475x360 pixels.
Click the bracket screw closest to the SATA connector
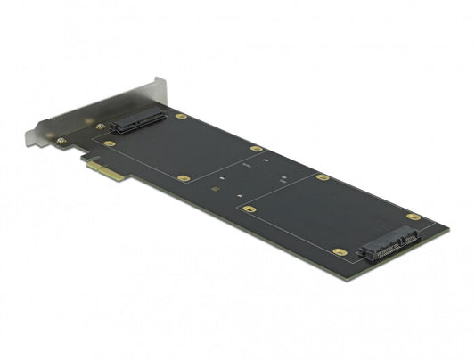click(101, 127)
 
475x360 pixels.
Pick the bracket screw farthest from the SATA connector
click(61, 140)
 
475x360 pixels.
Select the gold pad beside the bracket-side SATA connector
click(181, 116)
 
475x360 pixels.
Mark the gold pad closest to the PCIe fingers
click(110, 143)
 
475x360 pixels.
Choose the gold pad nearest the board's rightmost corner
click(413, 217)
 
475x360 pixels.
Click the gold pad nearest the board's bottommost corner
click(340, 252)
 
